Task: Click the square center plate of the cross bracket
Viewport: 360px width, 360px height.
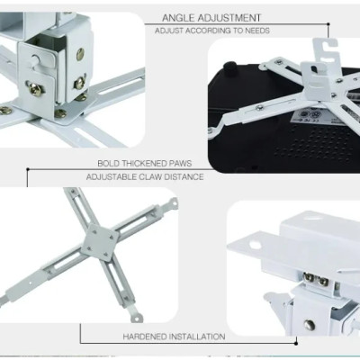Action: click(x=100, y=241)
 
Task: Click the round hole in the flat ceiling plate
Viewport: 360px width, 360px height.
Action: click(x=255, y=245)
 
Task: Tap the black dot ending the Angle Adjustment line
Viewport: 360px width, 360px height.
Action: click(x=328, y=24)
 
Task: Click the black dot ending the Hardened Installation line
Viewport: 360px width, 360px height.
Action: click(x=296, y=344)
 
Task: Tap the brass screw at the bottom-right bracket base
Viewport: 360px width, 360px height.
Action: click(x=309, y=325)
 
